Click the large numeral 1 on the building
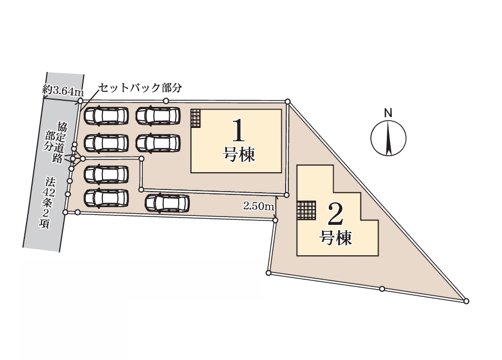point(239,130)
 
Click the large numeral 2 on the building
point(336,214)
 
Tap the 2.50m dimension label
point(258,206)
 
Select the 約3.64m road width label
point(63,91)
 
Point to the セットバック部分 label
point(140,88)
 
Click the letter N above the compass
point(388,113)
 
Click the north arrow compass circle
point(389,138)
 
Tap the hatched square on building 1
point(195,119)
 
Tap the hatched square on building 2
point(307,210)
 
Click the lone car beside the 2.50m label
point(167,203)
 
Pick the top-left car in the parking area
point(106,115)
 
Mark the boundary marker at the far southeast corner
point(466,301)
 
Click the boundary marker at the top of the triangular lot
point(287,101)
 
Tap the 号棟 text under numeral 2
point(336,238)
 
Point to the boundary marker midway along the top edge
point(166,101)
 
